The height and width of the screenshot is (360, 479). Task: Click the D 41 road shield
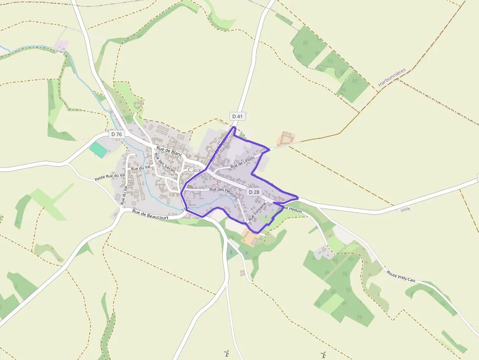point(237,116)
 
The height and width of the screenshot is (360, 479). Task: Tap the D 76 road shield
point(116,134)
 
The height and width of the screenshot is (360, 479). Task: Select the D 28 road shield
point(254,192)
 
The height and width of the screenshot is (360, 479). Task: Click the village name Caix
point(195,169)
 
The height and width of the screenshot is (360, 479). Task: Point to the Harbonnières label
point(392,77)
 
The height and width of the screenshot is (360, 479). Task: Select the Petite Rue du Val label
point(110,176)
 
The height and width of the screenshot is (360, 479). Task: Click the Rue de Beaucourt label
point(150,212)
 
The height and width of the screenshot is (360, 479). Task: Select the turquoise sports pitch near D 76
point(99,149)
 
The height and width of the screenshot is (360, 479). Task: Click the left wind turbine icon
point(226,353)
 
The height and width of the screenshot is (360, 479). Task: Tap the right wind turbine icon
point(323,354)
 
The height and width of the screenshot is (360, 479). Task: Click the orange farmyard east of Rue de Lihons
point(285,139)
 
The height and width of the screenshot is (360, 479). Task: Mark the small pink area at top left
point(62,45)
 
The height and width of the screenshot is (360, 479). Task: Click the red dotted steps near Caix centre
point(218,182)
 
